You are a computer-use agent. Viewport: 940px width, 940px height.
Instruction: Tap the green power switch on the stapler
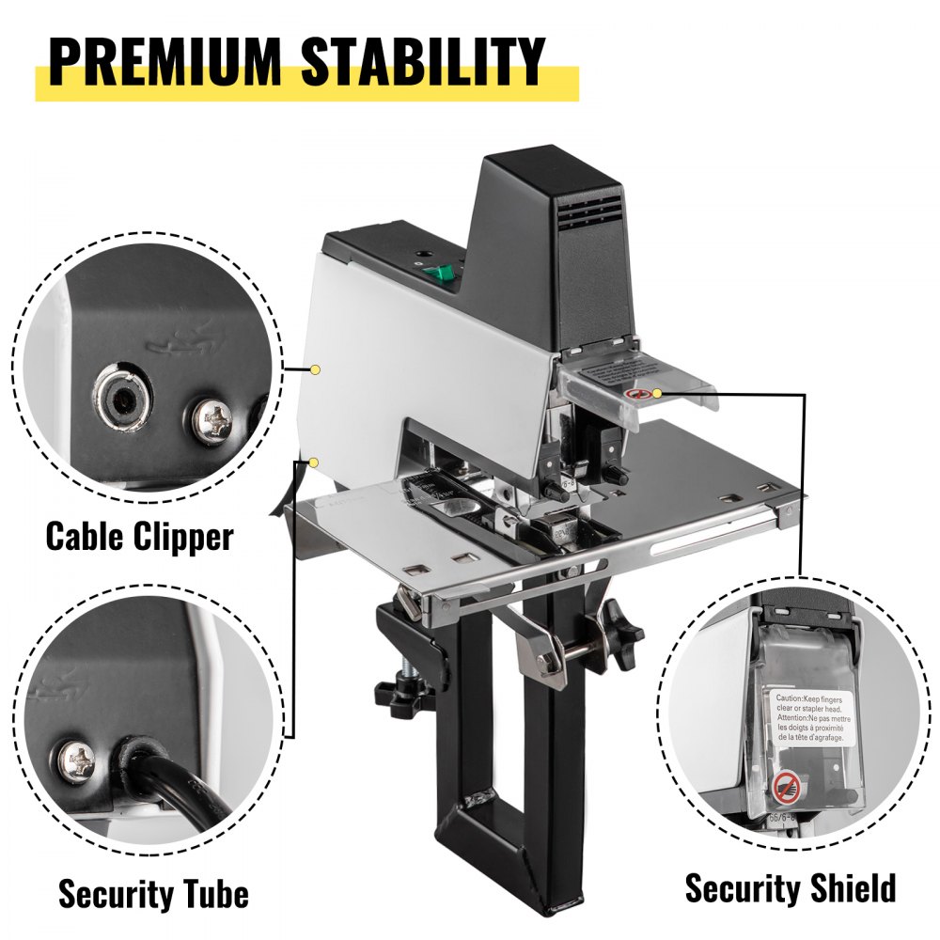pyautogui.click(x=437, y=273)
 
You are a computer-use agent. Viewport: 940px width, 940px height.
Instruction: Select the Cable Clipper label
pyautogui.click(x=139, y=537)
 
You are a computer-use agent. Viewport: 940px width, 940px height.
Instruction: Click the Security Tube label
pyautogui.click(x=153, y=894)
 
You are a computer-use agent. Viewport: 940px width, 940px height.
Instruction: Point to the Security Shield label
pyautogui.click(x=790, y=887)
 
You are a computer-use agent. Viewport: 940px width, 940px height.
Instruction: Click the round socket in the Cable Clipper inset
pyautogui.click(x=120, y=399)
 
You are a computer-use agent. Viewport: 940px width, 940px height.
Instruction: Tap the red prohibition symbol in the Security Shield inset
pyautogui.click(x=786, y=784)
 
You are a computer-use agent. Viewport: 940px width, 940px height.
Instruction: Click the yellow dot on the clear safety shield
pyautogui.click(x=657, y=392)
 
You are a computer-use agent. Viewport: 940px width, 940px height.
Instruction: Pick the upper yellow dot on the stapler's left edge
pyautogui.click(x=317, y=369)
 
